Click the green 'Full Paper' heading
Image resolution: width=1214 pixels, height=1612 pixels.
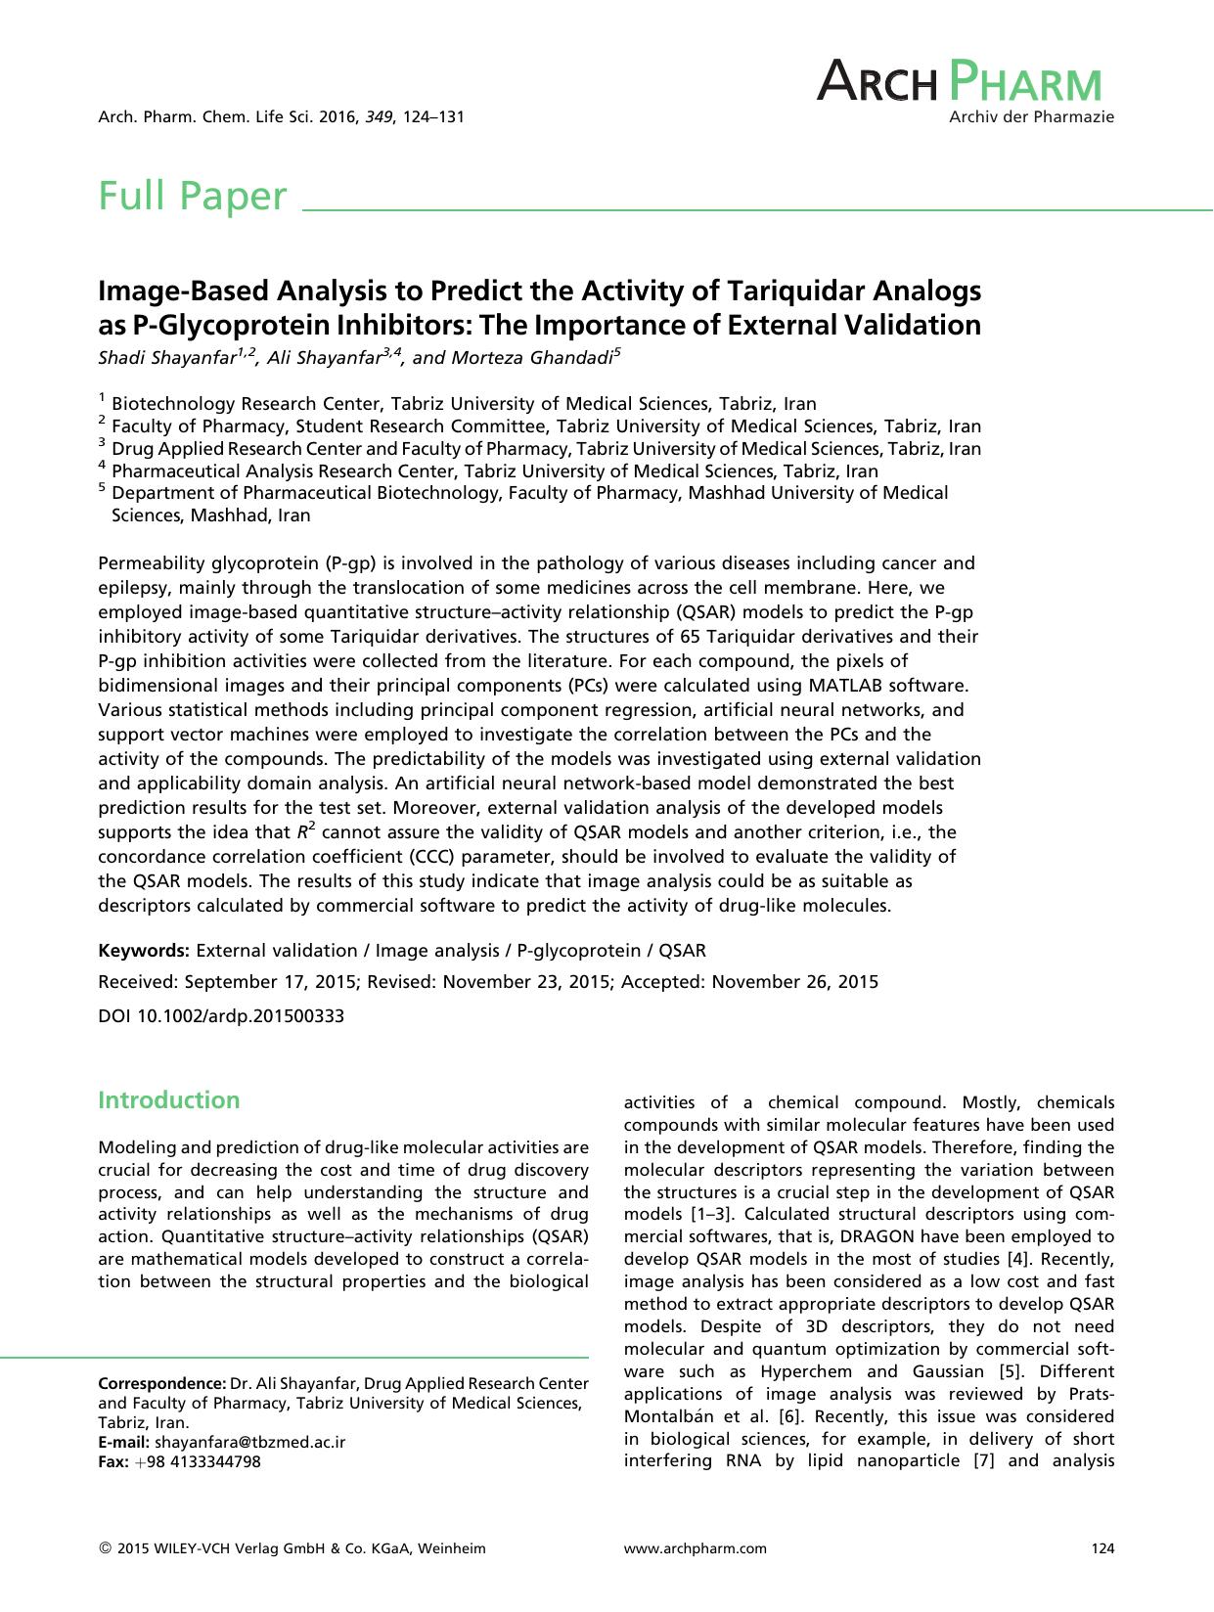point(193,197)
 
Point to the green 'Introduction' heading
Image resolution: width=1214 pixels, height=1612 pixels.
point(168,1100)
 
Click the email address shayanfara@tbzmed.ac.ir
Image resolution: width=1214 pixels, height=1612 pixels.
point(249,1442)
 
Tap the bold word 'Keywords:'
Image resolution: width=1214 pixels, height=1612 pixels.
point(144,951)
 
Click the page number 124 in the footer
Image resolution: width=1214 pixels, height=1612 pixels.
point(1102,1548)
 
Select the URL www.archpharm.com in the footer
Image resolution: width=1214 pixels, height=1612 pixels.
point(695,1548)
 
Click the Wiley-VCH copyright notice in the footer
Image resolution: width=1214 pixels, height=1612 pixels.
point(292,1548)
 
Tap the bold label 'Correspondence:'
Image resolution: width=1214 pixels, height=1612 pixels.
point(162,1383)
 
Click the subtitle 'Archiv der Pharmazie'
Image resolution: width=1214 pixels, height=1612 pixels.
point(1031,117)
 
